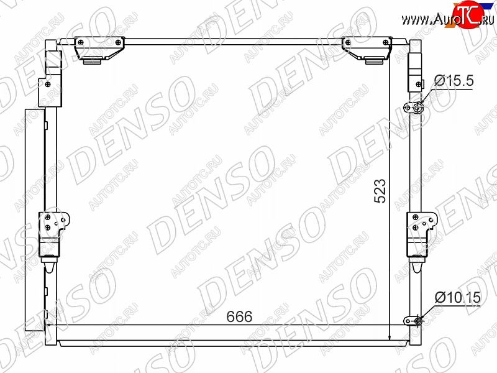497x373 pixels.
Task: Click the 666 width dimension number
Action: tap(239, 316)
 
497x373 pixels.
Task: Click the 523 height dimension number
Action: tap(380, 191)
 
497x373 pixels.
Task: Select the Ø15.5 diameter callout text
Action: tap(454, 81)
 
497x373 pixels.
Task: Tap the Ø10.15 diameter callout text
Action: tap(457, 298)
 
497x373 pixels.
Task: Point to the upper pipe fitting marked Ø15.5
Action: tap(414, 108)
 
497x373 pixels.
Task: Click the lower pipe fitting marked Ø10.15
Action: tap(413, 321)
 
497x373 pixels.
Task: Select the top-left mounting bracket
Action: tap(99, 48)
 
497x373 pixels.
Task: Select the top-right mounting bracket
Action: tap(367, 48)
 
